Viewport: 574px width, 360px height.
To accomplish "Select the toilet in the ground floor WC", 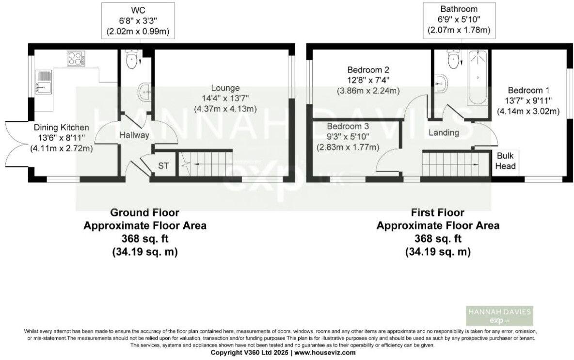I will [130, 60].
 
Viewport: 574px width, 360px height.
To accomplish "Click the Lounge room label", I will [225, 88].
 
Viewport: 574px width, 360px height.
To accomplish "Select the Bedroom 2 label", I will [368, 69].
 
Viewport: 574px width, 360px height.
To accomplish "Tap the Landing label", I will [444, 132].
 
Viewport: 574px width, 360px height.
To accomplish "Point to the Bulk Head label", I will [506, 162].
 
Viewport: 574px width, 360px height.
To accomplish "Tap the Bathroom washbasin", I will [441, 82].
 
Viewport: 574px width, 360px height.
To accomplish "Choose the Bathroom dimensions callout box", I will [459, 19].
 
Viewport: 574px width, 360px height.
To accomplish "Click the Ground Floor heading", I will [145, 213].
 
